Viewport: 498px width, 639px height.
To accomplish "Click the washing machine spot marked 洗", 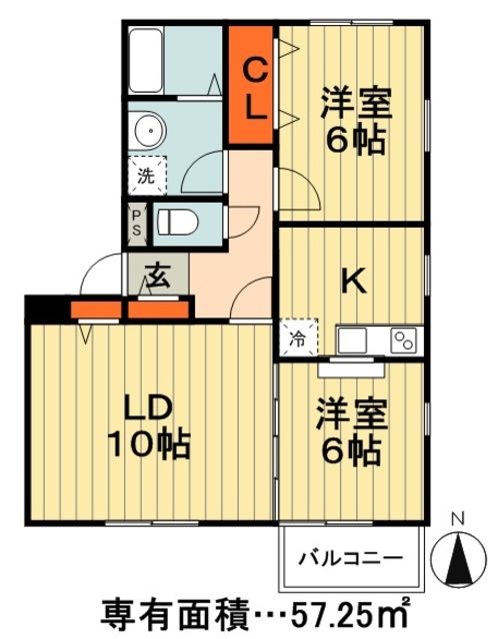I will pyautogui.click(x=146, y=177).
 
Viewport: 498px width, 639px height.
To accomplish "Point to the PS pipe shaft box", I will pyautogui.click(x=137, y=222).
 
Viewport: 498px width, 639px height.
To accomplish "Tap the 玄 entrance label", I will pyautogui.click(x=157, y=275).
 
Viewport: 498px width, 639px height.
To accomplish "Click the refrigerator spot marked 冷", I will pyautogui.click(x=299, y=338).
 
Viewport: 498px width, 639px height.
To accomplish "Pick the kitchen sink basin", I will pyautogui.click(x=354, y=339).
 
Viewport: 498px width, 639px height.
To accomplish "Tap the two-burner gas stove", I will pyautogui.click(x=405, y=339).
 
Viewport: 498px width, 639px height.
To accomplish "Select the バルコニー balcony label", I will pyautogui.click(x=351, y=556).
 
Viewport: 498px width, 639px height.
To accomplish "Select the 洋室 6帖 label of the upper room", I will pyautogui.click(x=352, y=122).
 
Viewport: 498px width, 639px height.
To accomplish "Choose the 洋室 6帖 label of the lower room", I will pyautogui.click(x=349, y=431).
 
